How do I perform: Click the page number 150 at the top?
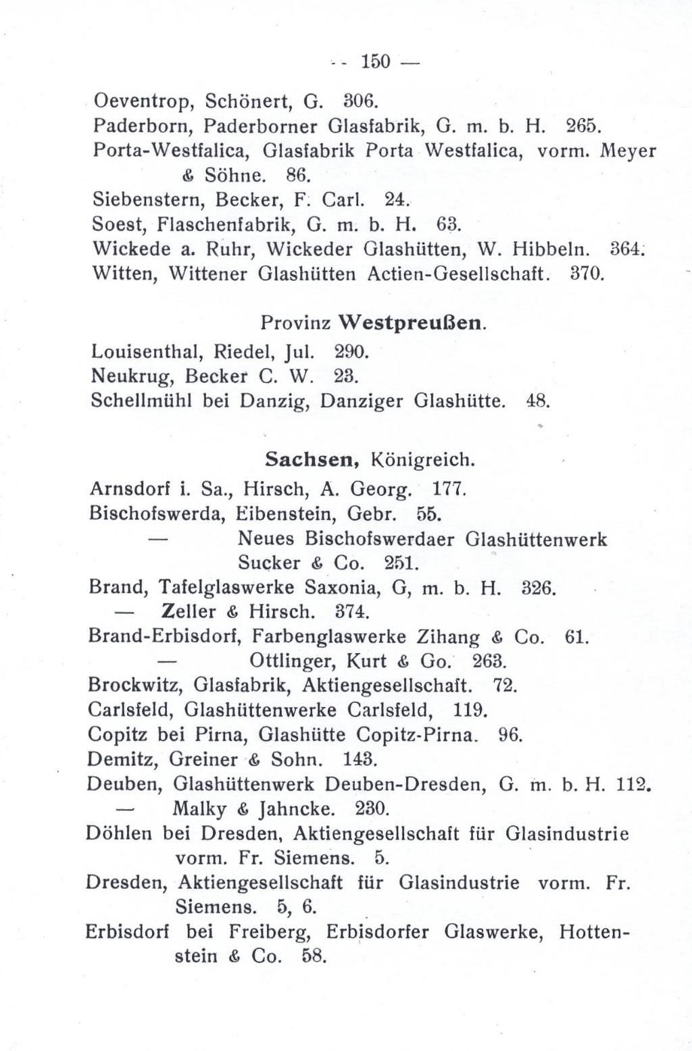click(375, 62)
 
